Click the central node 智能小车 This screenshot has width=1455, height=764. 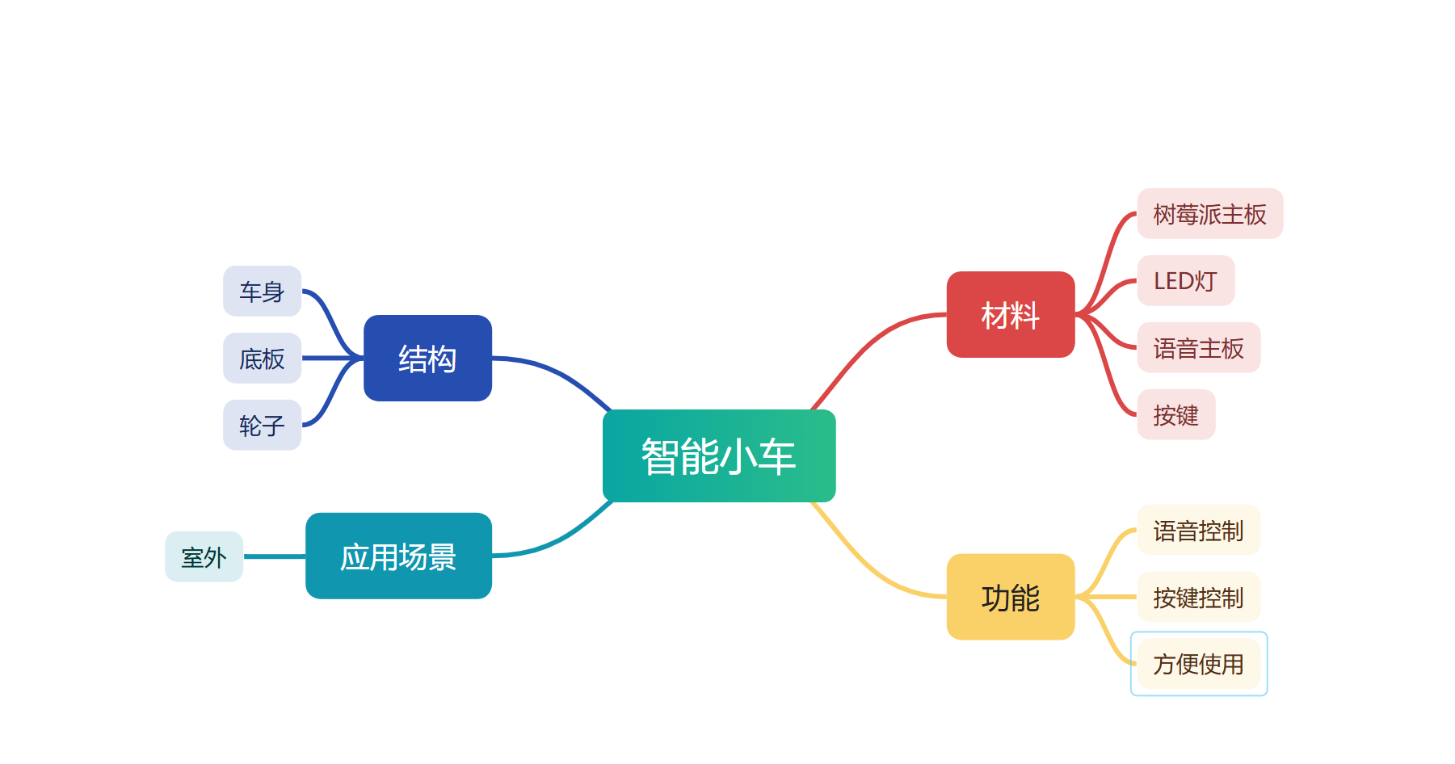pos(719,455)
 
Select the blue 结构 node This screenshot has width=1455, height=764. pos(427,358)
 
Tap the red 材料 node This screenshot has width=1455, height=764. pos(1010,314)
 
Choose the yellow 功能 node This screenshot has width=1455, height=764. pos(1010,597)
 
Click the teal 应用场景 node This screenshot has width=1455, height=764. pos(398,556)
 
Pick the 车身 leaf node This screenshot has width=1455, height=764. pos(262,291)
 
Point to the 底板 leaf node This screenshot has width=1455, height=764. pos(262,358)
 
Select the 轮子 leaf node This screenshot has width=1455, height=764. pos(262,425)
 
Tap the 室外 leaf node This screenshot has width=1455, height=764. pos(204,556)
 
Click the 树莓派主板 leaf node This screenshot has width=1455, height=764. pos(1209,214)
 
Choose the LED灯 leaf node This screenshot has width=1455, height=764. pos(1185,280)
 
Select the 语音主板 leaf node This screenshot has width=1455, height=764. pos(1198,347)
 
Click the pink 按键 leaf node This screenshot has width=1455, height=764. pos(1175,414)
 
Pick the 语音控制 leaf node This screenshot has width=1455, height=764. pos(1198,530)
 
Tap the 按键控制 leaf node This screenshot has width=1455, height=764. pos(1198,597)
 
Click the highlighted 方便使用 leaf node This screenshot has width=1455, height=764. pos(1198,664)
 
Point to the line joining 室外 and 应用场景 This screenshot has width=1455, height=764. pos(275,556)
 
